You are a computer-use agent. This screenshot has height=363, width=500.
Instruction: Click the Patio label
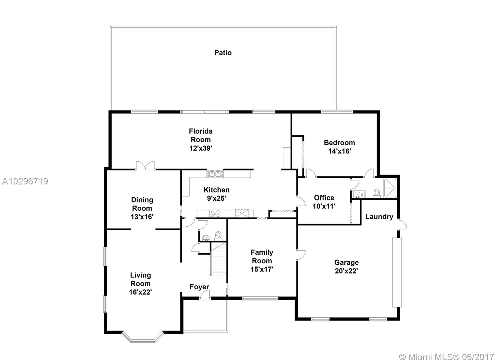(x=223, y=53)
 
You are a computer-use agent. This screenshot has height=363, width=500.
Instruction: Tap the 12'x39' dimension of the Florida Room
(x=201, y=148)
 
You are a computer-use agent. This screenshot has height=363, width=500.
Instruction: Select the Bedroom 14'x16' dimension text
(x=339, y=151)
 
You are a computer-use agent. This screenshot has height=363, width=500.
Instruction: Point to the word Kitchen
(x=217, y=190)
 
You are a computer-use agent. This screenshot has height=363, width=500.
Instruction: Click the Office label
(x=324, y=198)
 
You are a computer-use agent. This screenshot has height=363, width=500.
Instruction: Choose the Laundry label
(x=379, y=217)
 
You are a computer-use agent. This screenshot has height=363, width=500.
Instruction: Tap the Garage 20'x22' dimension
(x=347, y=271)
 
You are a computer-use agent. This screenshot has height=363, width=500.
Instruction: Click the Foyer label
(x=199, y=287)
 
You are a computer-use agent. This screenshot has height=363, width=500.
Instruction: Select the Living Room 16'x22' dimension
(x=140, y=292)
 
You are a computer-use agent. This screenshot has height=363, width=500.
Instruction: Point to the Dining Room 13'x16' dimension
(x=142, y=217)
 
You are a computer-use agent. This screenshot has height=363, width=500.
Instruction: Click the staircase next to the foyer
(x=218, y=260)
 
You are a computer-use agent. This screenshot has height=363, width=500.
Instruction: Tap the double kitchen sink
(x=215, y=174)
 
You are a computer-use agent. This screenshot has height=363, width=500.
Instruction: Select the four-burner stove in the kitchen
(x=215, y=213)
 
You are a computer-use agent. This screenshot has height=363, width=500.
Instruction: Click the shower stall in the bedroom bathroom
(x=390, y=188)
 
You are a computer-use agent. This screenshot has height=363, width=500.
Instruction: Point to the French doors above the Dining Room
(x=145, y=165)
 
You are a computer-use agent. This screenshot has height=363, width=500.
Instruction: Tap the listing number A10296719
(x=25, y=181)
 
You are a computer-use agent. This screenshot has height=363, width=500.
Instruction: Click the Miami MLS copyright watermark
(x=446, y=357)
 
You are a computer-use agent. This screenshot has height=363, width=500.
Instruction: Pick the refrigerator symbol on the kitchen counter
(x=242, y=213)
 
